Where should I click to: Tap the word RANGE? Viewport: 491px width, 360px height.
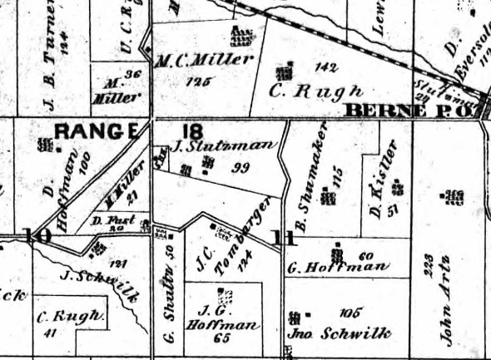[97, 131]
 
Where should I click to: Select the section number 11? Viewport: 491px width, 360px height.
[285, 239]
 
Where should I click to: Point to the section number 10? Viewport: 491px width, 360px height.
[37, 235]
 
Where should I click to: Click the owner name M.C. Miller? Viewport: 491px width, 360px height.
[204, 60]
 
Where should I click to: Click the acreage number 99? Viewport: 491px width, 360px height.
[242, 167]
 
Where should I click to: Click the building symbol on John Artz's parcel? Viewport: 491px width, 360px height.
[454, 197]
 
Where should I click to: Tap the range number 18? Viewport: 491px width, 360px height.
[192, 131]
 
